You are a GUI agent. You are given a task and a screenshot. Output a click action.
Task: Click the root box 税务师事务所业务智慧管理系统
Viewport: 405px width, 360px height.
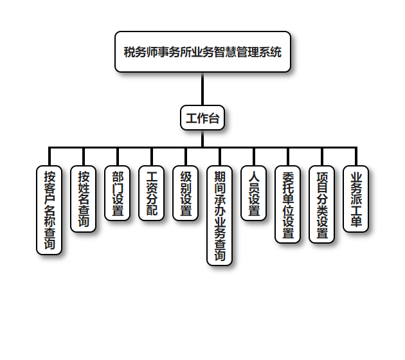click(x=203, y=52)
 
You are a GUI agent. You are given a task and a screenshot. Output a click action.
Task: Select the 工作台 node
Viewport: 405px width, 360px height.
click(x=203, y=118)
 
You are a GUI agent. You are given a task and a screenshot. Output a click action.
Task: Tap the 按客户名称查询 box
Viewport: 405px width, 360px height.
click(x=50, y=210)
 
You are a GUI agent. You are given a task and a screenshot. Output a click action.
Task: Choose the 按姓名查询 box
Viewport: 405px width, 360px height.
click(x=84, y=199)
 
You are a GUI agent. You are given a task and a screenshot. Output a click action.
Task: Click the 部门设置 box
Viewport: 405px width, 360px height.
click(x=118, y=193)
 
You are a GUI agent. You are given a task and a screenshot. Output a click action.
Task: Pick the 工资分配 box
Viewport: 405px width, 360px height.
click(x=152, y=193)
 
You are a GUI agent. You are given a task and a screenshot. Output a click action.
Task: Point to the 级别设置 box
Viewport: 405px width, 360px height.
click(x=186, y=193)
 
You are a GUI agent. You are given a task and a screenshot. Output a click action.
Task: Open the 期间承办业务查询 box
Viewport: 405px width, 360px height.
click(x=220, y=215)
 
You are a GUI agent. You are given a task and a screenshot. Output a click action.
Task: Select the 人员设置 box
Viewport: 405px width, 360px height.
click(x=254, y=193)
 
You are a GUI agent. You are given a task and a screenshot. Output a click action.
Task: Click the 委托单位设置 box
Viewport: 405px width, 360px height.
click(x=287, y=204)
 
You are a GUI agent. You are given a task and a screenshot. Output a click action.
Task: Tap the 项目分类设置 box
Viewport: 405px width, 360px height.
click(x=321, y=204)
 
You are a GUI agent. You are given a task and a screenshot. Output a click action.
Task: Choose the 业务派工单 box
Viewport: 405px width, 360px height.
click(x=355, y=199)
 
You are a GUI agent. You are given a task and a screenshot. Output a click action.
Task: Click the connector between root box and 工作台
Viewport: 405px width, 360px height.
click(x=203, y=89)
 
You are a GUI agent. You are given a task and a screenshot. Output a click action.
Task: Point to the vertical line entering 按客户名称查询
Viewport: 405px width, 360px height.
click(x=50, y=157)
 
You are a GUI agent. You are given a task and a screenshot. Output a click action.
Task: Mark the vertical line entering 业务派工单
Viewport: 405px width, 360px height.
click(x=355, y=157)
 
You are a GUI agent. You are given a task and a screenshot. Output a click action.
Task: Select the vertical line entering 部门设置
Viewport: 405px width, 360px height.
click(x=118, y=157)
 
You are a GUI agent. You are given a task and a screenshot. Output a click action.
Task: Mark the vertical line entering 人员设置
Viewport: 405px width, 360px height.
click(x=254, y=157)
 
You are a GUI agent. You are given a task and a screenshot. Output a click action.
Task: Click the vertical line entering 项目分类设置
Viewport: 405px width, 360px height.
click(x=321, y=157)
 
